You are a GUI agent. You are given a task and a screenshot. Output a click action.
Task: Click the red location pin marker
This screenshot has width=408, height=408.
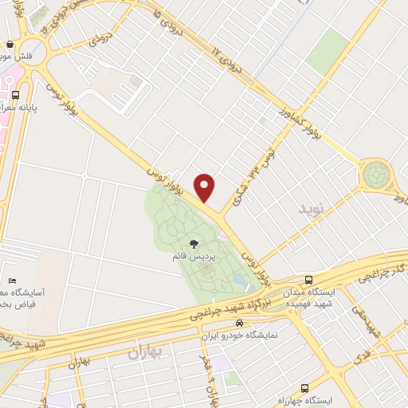(x=206, y=187)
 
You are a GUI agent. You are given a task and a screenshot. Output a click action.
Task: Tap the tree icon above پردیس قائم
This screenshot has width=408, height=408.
(x=194, y=243)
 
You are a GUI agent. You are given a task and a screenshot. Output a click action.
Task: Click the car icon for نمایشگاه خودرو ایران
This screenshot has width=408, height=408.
(x=239, y=324)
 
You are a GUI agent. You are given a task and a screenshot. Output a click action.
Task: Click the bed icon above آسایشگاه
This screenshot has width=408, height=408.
(x=12, y=281)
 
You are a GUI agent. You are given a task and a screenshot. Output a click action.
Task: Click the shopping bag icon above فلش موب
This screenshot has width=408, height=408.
(x=9, y=45)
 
